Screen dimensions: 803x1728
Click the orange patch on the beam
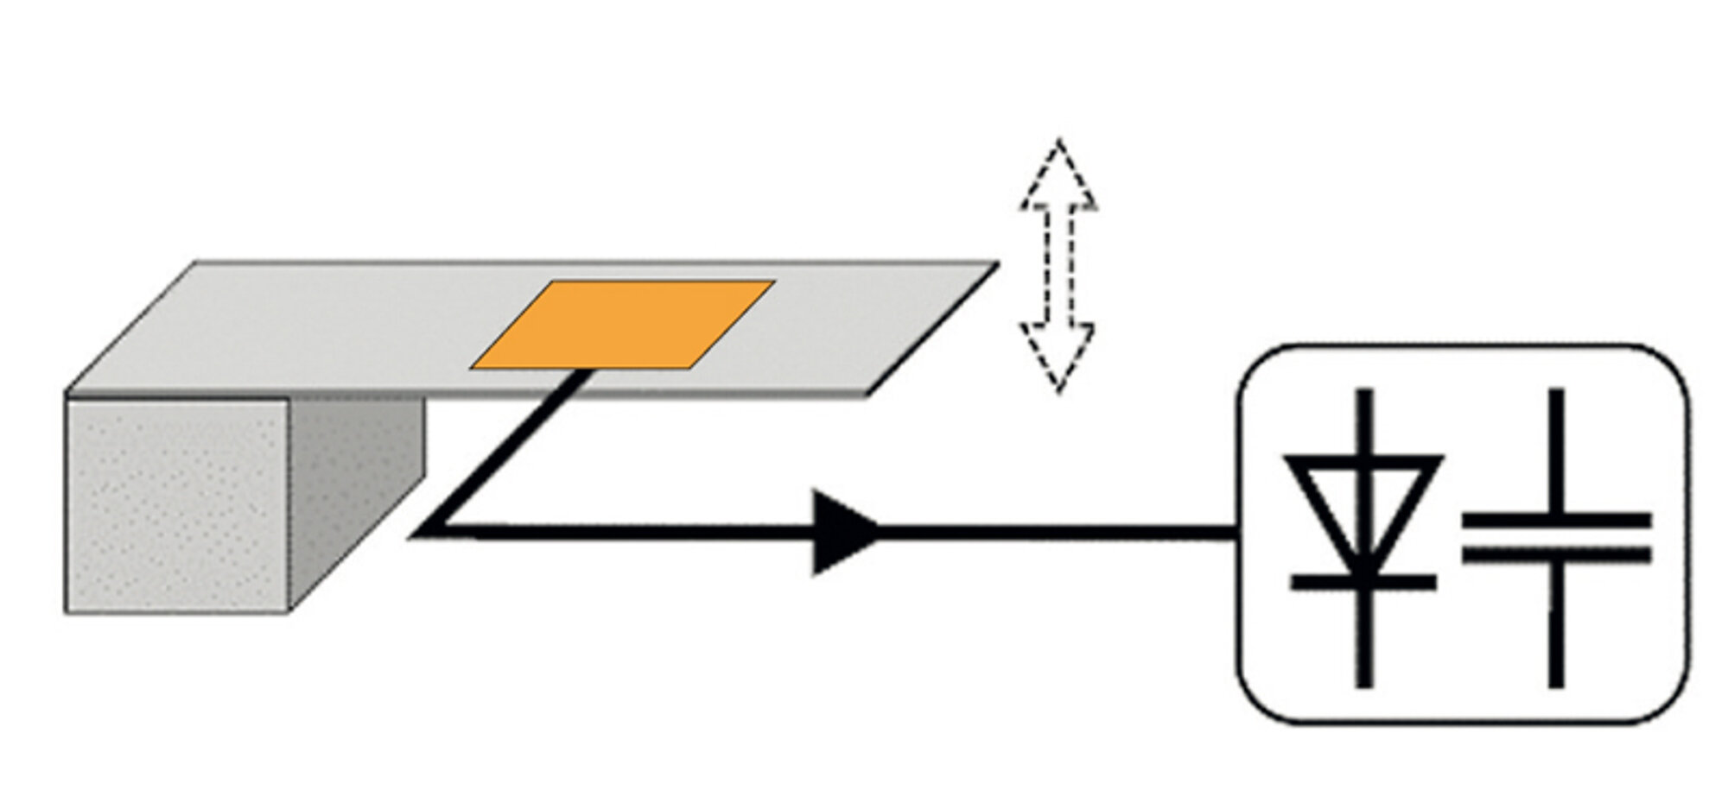click(x=622, y=325)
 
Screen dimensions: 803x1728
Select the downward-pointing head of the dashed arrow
click(x=1059, y=354)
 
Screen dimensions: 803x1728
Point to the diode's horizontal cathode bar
click(x=1364, y=583)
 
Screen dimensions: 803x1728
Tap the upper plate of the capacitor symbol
click(x=1556, y=520)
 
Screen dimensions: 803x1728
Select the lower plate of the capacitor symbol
click(x=1556, y=553)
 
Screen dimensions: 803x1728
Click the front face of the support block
click(x=177, y=505)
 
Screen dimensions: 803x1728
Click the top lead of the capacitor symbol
click(x=1556, y=449)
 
